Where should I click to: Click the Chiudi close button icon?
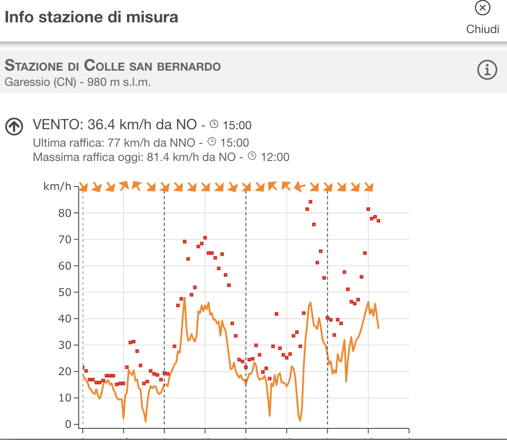click(482, 8)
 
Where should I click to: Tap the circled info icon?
click(487, 70)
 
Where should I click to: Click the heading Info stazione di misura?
click(91, 17)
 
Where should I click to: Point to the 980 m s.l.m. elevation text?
click(119, 82)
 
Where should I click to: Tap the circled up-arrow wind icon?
click(14, 127)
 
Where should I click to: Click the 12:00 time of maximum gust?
click(275, 157)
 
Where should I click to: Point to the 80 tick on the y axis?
click(65, 213)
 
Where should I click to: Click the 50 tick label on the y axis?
click(65, 292)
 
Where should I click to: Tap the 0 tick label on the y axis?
click(68, 424)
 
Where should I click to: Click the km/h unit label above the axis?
click(57, 186)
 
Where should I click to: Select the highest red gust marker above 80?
click(310, 202)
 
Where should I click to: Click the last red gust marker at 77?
click(378, 220)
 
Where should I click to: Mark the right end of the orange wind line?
click(379, 328)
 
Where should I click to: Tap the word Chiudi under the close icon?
click(482, 29)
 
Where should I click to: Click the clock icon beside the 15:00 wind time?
click(215, 124)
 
